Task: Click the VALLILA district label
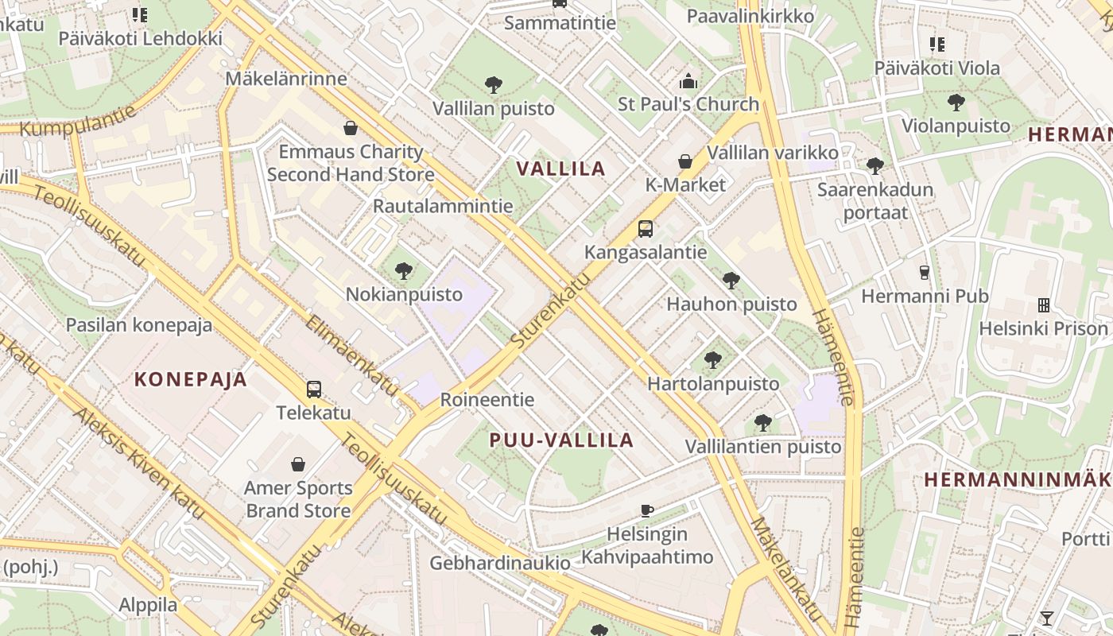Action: (561, 169)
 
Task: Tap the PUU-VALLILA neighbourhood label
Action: (561, 440)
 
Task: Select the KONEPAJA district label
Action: (191, 379)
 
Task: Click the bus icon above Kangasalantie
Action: (646, 229)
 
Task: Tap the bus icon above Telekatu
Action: (314, 390)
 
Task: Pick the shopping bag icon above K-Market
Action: (685, 161)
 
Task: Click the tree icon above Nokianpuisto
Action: (404, 271)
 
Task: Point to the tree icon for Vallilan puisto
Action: (494, 84)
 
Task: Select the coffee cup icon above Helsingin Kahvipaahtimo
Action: (647, 510)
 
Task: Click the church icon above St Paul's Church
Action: (688, 80)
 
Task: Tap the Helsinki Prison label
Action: (1043, 328)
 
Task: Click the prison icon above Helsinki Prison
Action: (1043, 305)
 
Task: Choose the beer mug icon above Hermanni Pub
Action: (925, 273)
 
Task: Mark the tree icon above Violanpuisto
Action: (956, 102)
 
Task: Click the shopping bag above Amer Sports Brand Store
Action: (298, 464)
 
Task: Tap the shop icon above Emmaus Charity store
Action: (351, 128)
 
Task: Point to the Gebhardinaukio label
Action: (500, 563)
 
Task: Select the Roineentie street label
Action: (487, 399)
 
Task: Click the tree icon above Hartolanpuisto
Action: (713, 360)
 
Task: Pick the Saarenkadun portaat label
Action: (875, 201)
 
